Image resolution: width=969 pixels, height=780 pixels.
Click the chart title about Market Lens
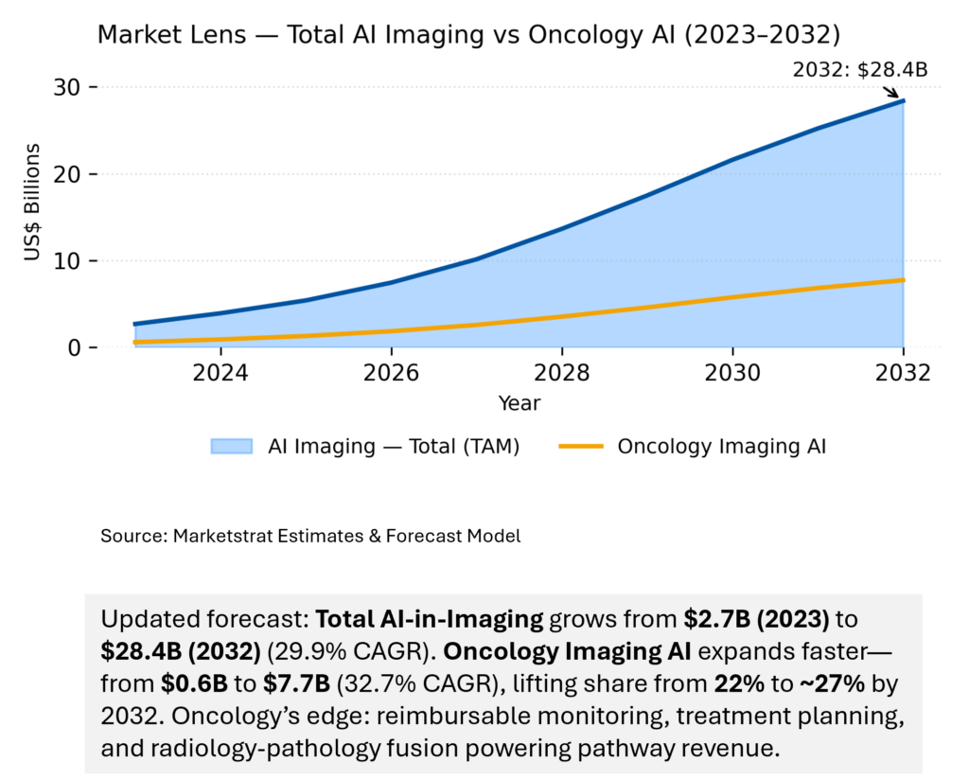pyautogui.click(x=469, y=36)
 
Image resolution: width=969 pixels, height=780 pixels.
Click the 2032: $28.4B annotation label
pyautogui.click(x=859, y=69)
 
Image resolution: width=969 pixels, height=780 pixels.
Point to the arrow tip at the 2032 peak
pyautogui.click(x=898, y=97)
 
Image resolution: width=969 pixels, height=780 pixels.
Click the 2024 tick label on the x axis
pyautogui.click(x=220, y=372)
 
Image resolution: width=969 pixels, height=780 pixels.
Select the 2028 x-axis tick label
pyautogui.click(x=562, y=372)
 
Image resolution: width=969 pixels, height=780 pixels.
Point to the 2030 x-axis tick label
pyautogui.click(x=733, y=372)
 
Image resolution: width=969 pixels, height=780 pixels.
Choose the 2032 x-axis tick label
pyautogui.click(x=904, y=372)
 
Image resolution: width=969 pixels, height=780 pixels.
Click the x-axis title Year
pyautogui.click(x=520, y=403)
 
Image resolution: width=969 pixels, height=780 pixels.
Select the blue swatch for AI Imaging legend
pyautogui.click(x=232, y=447)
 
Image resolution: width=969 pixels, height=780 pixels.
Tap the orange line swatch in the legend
pyautogui.click(x=580, y=447)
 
